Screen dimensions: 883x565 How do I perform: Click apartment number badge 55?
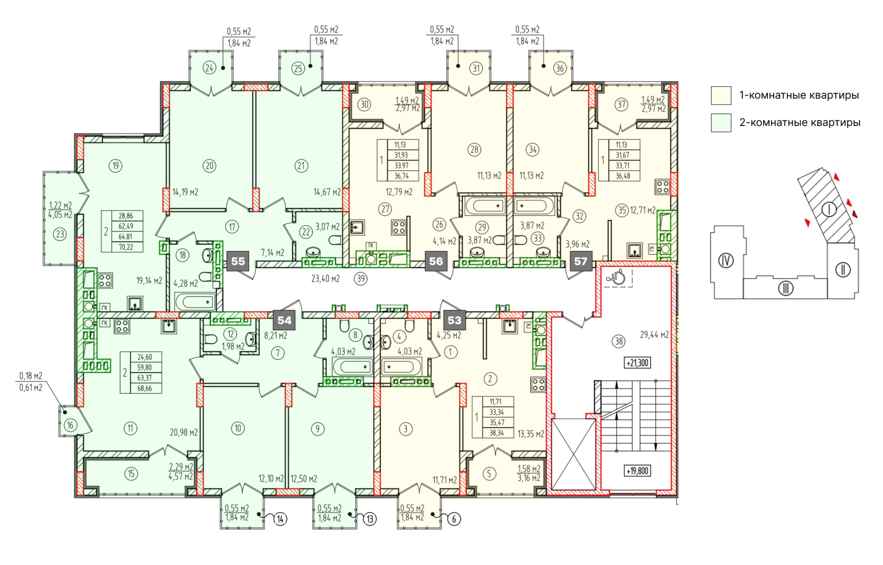238,261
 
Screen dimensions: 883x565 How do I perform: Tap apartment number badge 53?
455,320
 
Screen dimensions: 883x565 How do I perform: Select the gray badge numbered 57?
581,261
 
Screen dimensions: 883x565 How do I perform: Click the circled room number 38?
619,341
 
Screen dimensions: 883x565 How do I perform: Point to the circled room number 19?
116,166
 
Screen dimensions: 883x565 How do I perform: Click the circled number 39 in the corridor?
361,279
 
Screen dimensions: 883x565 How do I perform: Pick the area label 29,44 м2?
654,335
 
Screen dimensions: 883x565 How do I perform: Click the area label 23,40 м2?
326,279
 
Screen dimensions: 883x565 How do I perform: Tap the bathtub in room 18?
194,302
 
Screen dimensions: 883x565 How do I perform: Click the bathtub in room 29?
485,206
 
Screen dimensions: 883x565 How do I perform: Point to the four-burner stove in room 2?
538,385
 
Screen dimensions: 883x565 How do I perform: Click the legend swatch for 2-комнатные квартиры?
721,123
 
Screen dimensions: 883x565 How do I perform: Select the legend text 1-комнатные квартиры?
799,95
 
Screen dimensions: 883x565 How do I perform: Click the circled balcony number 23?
60,234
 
